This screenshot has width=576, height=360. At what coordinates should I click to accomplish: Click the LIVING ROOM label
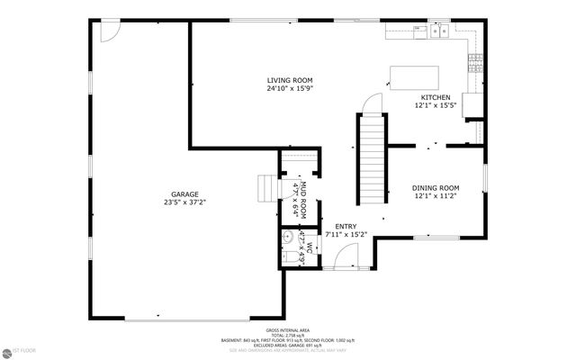289,79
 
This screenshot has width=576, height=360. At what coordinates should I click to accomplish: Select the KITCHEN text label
436,97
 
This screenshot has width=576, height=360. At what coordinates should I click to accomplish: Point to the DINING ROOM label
436,187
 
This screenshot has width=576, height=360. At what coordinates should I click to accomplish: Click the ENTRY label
346,226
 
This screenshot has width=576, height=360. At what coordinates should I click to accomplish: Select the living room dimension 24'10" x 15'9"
289,88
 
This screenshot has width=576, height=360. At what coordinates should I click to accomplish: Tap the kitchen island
414,77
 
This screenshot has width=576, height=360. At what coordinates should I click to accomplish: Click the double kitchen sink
440,31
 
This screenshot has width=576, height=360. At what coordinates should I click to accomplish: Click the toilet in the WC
298,256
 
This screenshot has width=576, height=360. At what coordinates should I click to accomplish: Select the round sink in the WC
285,238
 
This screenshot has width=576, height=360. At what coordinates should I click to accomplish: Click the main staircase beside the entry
372,162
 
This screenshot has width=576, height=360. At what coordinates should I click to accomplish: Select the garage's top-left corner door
109,31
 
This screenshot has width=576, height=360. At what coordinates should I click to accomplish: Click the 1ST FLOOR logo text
18,350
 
